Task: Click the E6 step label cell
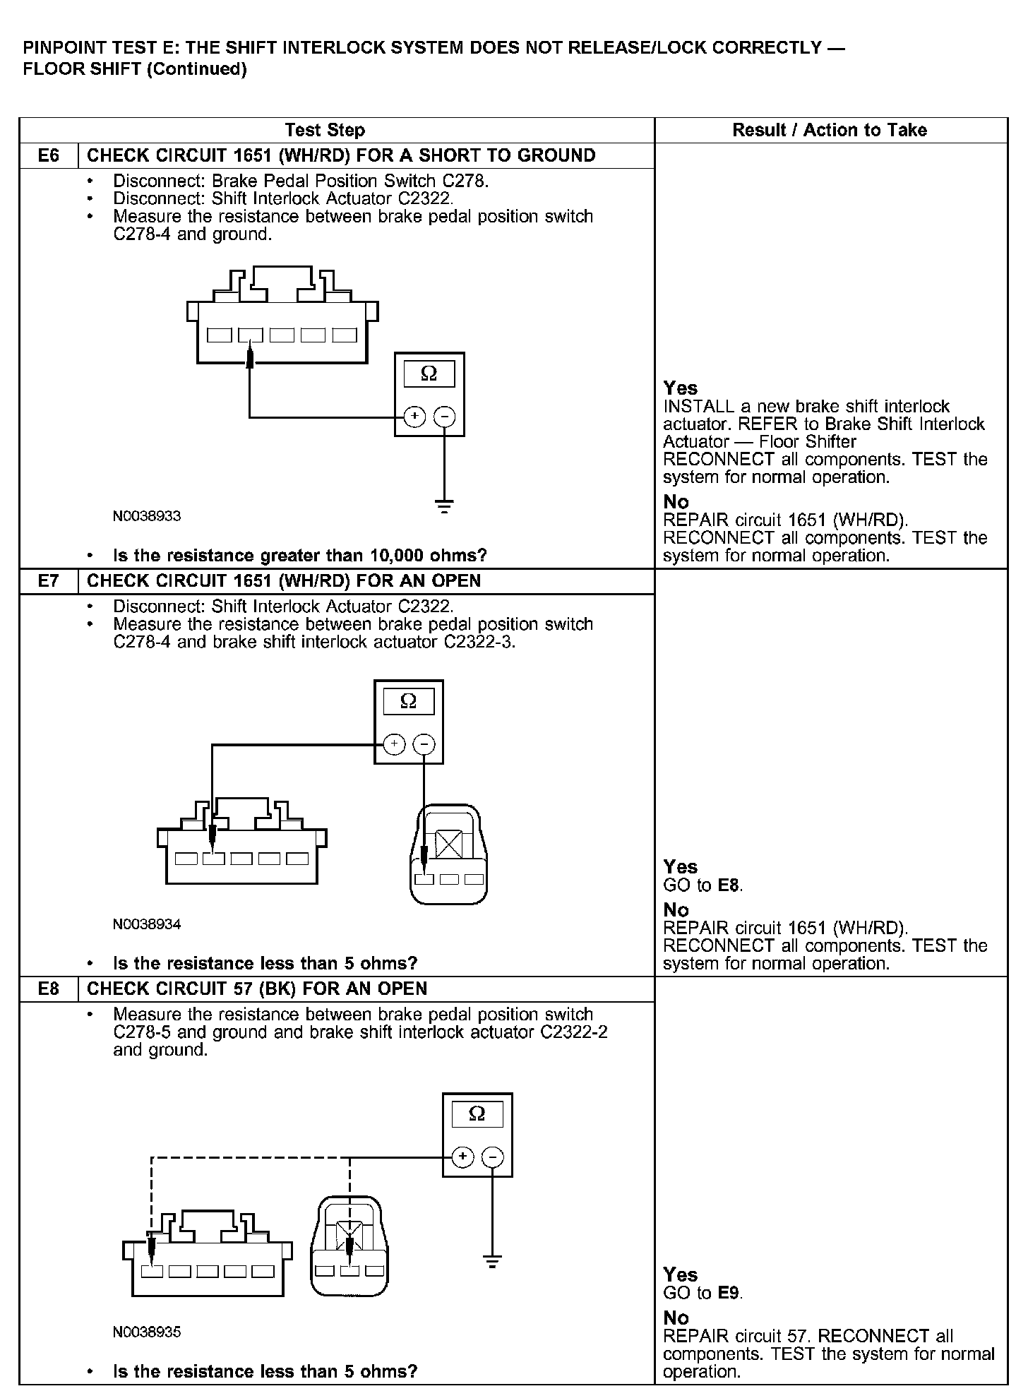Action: pos(48,155)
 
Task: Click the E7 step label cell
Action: pos(48,581)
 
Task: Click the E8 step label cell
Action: pos(48,989)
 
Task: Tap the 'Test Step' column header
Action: pos(325,130)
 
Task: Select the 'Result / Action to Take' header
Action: pos(830,130)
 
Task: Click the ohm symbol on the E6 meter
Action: pos(429,374)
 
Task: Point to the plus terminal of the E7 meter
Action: pos(394,744)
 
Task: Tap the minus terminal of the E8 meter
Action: pos(492,1157)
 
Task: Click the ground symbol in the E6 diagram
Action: pos(444,506)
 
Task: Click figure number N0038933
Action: pos(147,516)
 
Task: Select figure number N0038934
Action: pos(147,924)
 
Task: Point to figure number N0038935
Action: pos(147,1332)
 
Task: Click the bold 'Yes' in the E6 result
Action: pos(680,388)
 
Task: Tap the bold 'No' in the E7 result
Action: pos(676,910)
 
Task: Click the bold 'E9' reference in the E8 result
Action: pos(729,1293)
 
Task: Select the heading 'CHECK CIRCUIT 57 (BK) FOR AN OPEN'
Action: pos(257,989)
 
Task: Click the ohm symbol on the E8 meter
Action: pos(477,1114)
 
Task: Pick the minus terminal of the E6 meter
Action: pos(444,417)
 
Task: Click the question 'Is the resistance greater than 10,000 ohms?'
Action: pos(300,556)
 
